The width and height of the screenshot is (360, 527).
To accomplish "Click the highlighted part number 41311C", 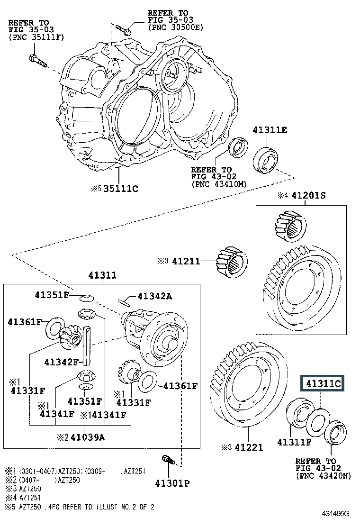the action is point(323,383).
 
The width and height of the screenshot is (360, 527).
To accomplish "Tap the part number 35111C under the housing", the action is point(121,189).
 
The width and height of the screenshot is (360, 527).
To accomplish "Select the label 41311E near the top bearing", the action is point(270,130).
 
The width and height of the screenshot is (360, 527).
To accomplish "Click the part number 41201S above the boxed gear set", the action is point(308,195).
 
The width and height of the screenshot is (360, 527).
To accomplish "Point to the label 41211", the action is point(186,261).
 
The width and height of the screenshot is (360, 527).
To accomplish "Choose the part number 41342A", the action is point(155,296).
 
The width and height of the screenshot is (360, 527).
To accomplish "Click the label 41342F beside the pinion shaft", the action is point(62,362).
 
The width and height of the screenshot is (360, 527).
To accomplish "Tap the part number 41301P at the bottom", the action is point(172,483).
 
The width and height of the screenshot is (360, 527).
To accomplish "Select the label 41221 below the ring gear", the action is point(249,447).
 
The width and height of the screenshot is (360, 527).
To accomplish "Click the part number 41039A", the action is point(88,437).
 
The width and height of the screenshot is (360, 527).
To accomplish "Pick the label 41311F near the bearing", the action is point(295,442).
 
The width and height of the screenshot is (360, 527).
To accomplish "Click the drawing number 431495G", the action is point(335,513).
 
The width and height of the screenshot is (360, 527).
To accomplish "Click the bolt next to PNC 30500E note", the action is point(124,29).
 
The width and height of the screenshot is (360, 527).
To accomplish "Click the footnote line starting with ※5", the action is point(80,507).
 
